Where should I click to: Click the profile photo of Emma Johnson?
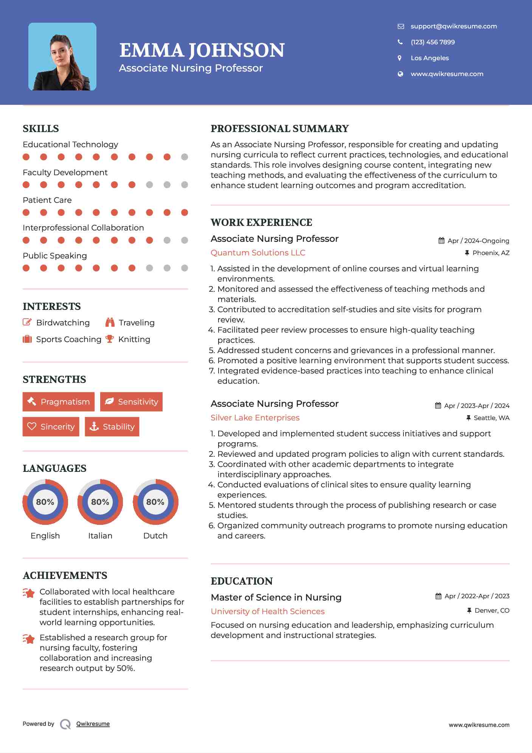pyautogui.click(x=62, y=57)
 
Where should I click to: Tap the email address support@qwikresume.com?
pyautogui.click(x=453, y=26)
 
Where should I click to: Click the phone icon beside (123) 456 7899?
pyautogui.click(x=400, y=42)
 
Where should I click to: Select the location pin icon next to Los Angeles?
pyautogui.click(x=400, y=58)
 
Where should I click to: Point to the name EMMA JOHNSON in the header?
pyautogui.click(x=202, y=50)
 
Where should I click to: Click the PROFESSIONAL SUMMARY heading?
pyautogui.click(x=279, y=129)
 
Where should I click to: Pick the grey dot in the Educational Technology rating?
pyautogui.click(x=185, y=157)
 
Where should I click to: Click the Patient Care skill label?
pyautogui.click(x=47, y=200)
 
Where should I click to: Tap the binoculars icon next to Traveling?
pyautogui.click(x=110, y=322)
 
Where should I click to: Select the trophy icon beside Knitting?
pyautogui.click(x=110, y=339)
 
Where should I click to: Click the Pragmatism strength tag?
pyautogui.click(x=59, y=402)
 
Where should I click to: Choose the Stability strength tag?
pyautogui.click(x=112, y=427)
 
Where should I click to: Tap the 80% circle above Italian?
pyautogui.click(x=100, y=502)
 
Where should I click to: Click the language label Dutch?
pyautogui.click(x=155, y=536)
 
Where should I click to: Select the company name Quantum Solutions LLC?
pyautogui.click(x=258, y=253)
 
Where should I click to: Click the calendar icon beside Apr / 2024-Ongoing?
pyautogui.click(x=441, y=241)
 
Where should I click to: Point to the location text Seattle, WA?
pyautogui.click(x=491, y=418)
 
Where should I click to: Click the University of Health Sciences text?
pyautogui.click(x=268, y=611)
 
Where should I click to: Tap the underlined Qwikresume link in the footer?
pyautogui.click(x=93, y=724)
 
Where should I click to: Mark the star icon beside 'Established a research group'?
pyautogui.click(x=29, y=639)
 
